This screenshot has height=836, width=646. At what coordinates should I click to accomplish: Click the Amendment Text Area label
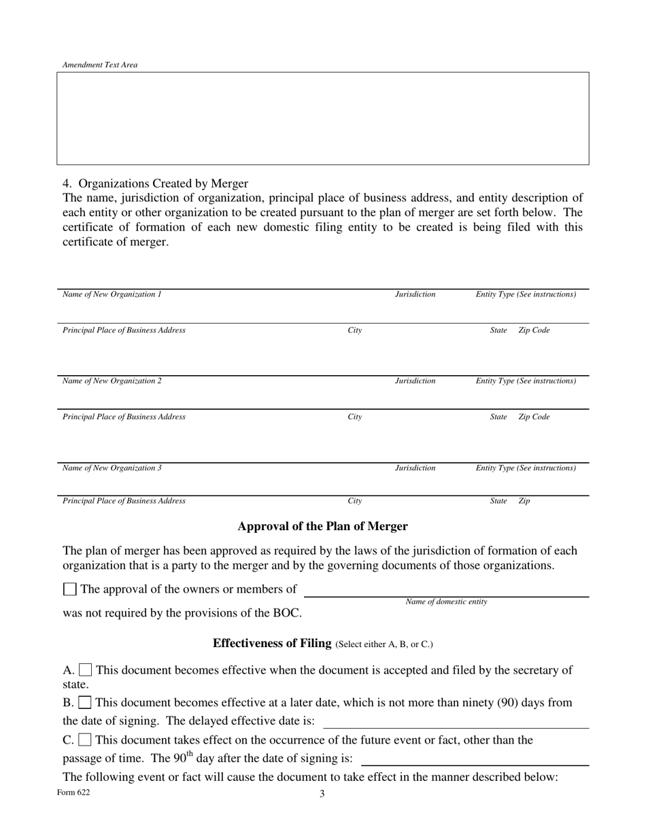coord(100,65)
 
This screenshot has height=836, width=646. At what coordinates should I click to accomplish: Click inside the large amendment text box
coord(322,118)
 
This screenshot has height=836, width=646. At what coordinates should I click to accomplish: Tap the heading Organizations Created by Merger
coord(156,184)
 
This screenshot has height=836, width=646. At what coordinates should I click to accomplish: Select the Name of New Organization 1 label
coord(112,295)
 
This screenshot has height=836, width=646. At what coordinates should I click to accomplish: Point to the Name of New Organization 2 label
coord(112,381)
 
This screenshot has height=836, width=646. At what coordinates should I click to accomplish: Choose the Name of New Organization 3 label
coord(112,468)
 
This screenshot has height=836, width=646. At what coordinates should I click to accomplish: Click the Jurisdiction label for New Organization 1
coord(415,295)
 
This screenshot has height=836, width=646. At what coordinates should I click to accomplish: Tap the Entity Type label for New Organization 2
coord(526,381)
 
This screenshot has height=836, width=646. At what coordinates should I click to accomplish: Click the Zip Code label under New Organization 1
coord(534,330)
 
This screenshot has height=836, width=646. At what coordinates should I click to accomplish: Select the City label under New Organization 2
coord(355,417)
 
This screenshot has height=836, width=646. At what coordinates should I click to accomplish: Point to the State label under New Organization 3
coord(498,502)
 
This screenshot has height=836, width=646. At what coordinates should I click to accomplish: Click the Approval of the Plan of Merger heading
coord(322,527)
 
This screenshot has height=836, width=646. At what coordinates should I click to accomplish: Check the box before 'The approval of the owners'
coord(69,589)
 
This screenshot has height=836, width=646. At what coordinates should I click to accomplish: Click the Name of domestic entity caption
coord(446,602)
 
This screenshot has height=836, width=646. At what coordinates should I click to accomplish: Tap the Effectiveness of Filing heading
coord(272,644)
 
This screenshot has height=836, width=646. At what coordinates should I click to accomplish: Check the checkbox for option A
coord(86,671)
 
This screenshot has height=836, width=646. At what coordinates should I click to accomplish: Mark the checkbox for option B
coord(86,702)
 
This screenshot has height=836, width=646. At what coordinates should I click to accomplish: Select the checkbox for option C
coord(86,739)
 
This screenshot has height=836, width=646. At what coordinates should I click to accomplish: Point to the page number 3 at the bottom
coord(322,794)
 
